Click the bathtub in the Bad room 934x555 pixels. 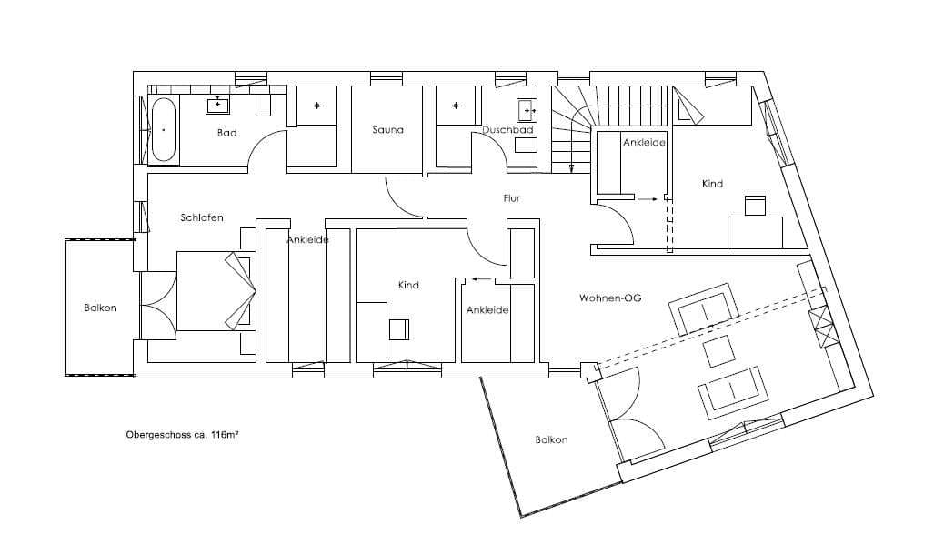(163, 129)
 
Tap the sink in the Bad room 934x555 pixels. (218, 105)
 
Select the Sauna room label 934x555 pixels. (387, 129)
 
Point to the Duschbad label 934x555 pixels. (507, 129)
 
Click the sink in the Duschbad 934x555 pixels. (527, 110)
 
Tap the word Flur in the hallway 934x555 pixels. (512, 198)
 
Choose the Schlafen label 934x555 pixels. (202, 217)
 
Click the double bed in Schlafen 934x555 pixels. (216, 291)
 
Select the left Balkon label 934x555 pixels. (100, 308)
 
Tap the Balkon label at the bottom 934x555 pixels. (551, 440)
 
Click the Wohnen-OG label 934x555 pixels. (610, 298)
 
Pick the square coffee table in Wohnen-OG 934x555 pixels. (719, 351)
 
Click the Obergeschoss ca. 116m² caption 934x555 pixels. (182, 435)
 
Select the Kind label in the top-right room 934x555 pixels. (712, 184)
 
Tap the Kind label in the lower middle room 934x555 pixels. (408, 285)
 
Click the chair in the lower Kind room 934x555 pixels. (399, 329)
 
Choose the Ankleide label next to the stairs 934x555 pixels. (644, 143)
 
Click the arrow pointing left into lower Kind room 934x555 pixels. (482, 278)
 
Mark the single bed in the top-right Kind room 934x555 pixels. (713, 106)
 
